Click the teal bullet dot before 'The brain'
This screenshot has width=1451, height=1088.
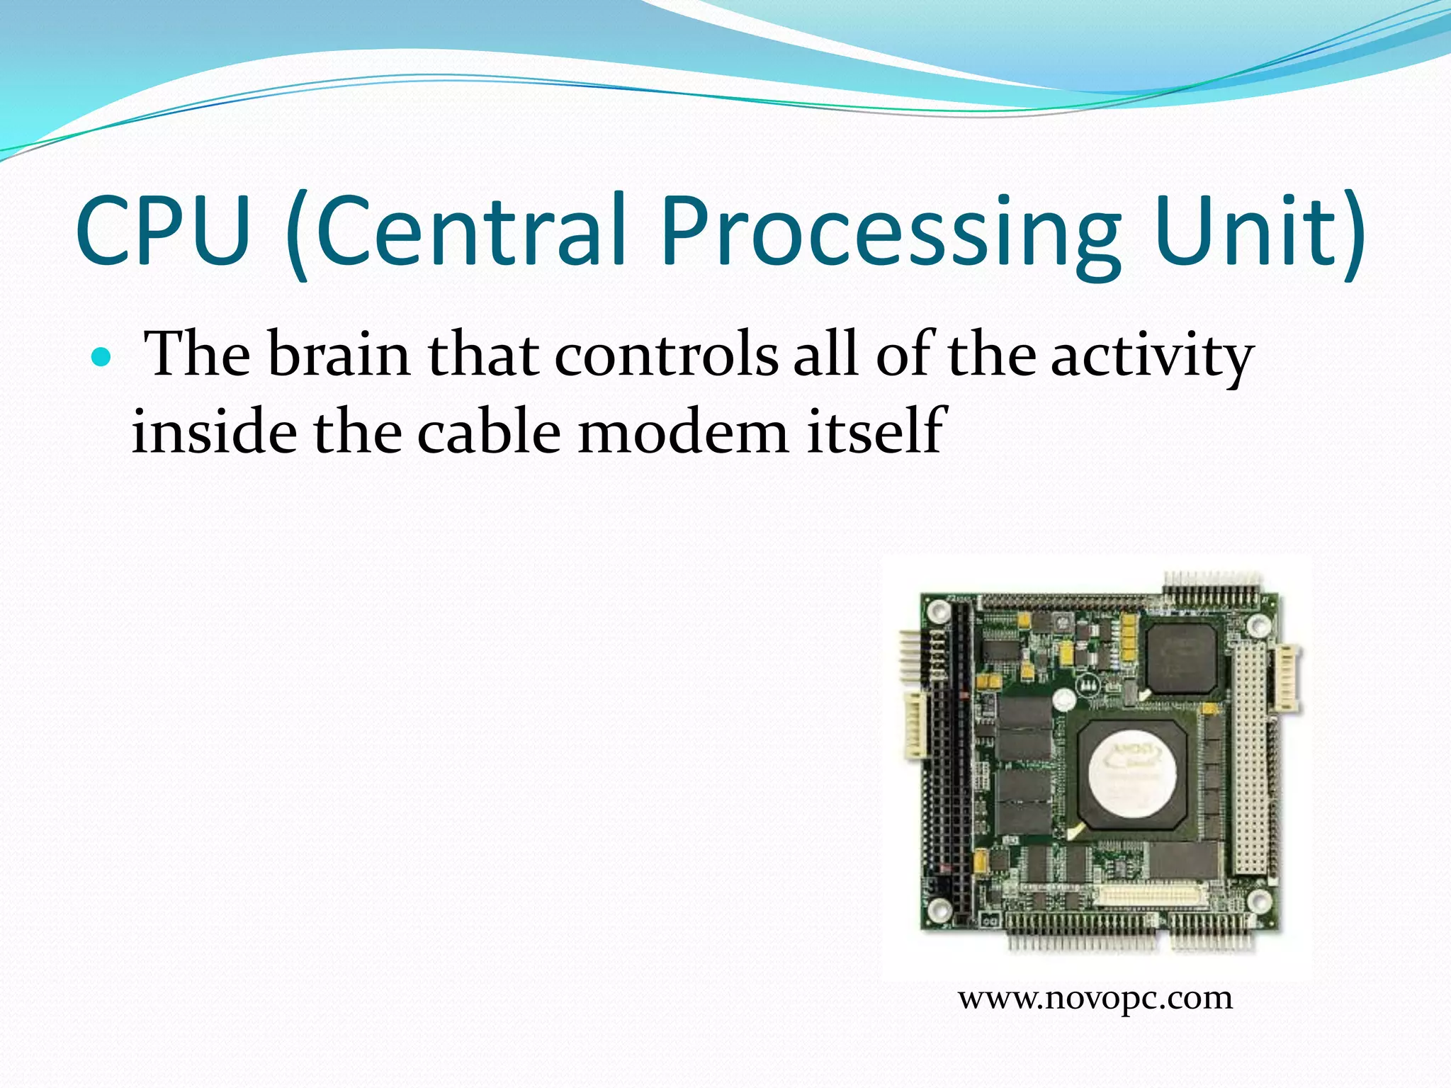click(102, 357)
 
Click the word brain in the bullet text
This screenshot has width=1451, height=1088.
click(339, 354)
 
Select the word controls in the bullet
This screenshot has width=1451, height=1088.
click(666, 354)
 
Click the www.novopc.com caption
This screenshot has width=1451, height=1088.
click(1095, 998)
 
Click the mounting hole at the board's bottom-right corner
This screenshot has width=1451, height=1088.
click(1259, 901)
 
